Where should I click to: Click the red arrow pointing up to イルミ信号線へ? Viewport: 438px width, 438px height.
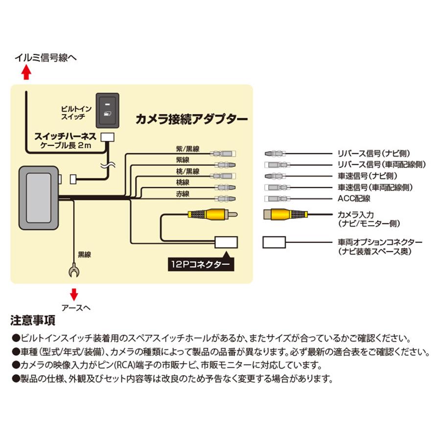click(x=27, y=73)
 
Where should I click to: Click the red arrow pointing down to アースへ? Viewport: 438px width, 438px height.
click(x=74, y=294)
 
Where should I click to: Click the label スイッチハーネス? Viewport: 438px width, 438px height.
click(x=64, y=138)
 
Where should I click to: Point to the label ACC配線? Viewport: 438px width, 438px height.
click(x=353, y=198)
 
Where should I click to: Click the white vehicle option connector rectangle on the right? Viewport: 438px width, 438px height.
click(x=275, y=242)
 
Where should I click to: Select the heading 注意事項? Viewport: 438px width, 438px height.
click(x=33, y=321)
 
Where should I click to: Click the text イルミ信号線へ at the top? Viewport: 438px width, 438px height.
click(x=45, y=58)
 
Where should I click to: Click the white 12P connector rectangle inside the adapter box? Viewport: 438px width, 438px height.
click(x=225, y=241)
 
